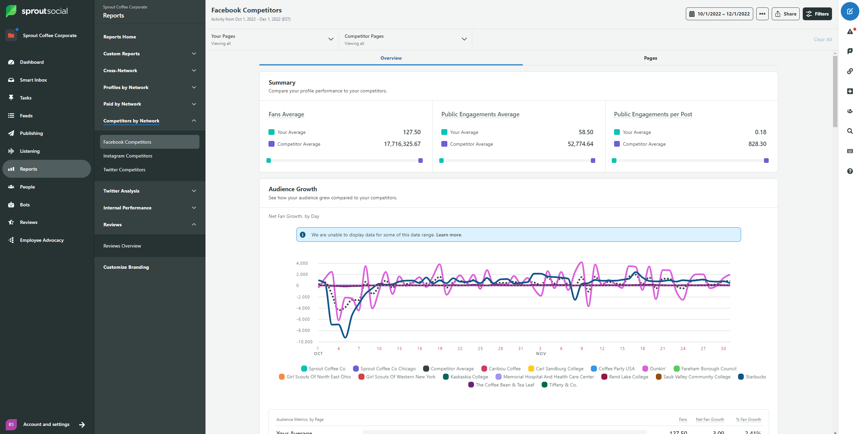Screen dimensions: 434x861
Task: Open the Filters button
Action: [x=817, y=14]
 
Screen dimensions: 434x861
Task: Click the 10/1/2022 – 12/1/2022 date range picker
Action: [x=719, y=14]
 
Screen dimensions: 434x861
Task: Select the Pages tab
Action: [x=650, y=58]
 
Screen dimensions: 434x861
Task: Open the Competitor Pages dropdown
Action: [x=405, y=39]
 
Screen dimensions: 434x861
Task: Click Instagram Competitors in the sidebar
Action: [x=128, y=156]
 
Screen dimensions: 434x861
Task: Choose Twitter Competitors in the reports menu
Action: [x=124, y=170]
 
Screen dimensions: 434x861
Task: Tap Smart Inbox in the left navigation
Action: [x=33, y=80]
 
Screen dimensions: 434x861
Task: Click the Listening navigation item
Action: [x=30, y=151]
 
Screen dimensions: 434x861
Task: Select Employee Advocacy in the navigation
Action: [x=41, y=240]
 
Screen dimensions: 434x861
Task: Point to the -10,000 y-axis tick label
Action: [x=304, y=342]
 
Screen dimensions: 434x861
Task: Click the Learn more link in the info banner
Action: [x=449, y=235]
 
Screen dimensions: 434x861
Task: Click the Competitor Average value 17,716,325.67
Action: [x=402, y=144]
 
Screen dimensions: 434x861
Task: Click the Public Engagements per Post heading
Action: [x=652, y=114]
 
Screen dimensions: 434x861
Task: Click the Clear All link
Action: [x=822, y=39]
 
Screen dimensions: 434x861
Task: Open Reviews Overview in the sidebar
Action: [x=122, y=246]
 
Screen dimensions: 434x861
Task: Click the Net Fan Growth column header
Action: [x=709, y=419]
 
